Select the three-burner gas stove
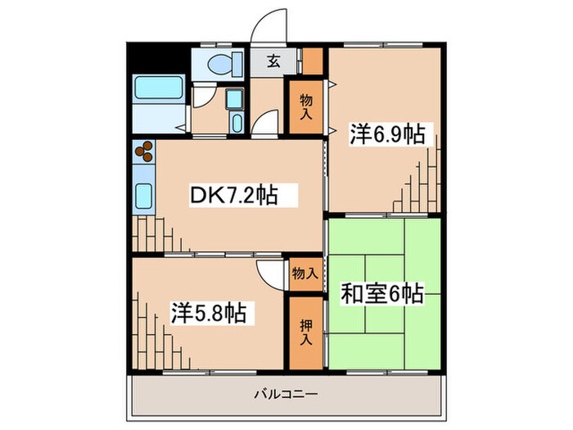point(144,153)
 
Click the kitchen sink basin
point(144,196)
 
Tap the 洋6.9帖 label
point(388,134)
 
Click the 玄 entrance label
point(268,61)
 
